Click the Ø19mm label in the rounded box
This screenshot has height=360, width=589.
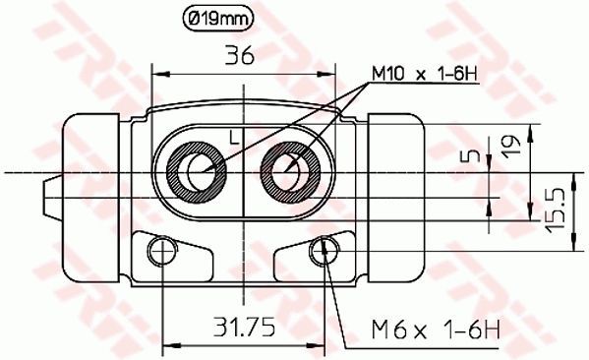[x=217, y=18]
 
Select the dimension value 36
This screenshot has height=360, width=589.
[x=240, y=56]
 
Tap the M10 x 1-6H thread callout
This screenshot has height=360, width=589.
[x=425, y=74]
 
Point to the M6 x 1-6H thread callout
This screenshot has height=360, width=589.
[x=437, y=330]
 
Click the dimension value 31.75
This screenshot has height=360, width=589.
[x=245, y=327]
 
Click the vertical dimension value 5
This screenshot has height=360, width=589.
[x=474, y=155]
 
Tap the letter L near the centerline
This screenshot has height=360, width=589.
[x=234, y=137]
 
